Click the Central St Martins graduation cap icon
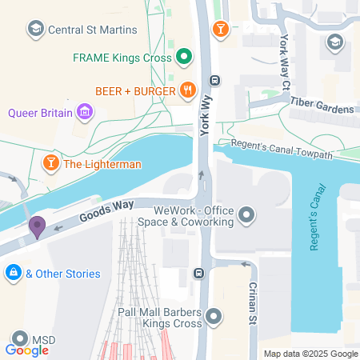36,30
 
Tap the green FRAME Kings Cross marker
184,57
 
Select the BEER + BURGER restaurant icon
187,90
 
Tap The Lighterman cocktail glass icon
50,164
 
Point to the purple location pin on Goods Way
37,227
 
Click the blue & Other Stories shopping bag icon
13,274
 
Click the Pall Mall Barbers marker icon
213,318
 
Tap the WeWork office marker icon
246,215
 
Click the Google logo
27,350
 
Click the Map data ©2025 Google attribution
311,354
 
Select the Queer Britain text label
41,113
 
